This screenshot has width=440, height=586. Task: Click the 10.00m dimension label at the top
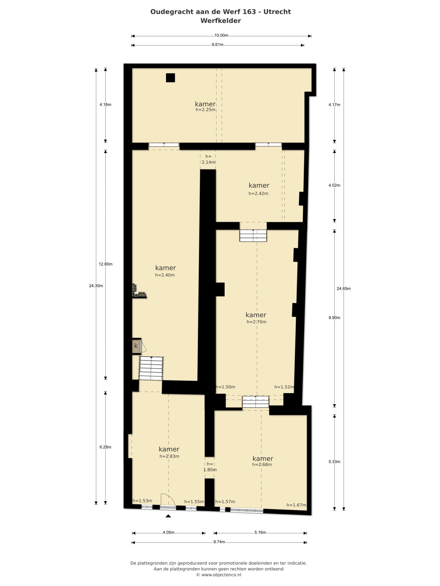pyautogui.click(x=221, y=35)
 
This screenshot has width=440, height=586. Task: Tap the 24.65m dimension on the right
pyautogui.click(x=344, y=288)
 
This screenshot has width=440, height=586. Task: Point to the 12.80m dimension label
pyautogui.click(x=106, y=264)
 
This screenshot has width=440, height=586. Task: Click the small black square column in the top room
pyautogui.click(x=170, y=78)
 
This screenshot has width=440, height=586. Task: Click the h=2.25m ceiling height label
pyautogui.click(x=205, y=110)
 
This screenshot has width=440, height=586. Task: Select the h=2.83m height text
pyautogui.click(x=169, y=456)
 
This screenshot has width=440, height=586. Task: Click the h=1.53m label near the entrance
pyautogui.click(x=142, y=501)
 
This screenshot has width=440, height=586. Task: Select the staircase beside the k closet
pyautogui.click(x=151, y=368)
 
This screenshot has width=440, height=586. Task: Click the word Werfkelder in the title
pyautogui.click(x=220, y=21)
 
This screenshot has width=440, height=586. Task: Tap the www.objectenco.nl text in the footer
pyautogui.click(x=221, y=575)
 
